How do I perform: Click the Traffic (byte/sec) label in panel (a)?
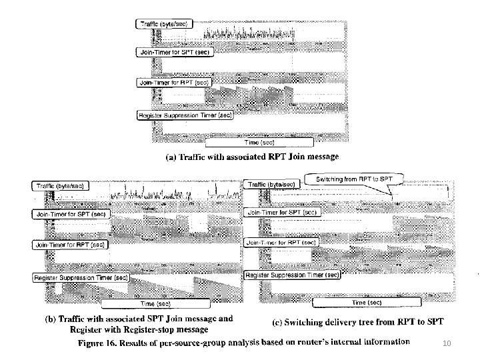165,24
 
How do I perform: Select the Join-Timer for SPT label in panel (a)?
173,53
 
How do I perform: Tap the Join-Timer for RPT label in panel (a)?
173,83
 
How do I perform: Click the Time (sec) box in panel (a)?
259,142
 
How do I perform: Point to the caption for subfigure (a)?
252,157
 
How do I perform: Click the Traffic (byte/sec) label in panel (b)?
60,186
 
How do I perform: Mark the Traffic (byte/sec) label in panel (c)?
271,184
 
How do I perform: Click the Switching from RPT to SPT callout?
353,179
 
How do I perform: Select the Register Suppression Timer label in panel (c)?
293,275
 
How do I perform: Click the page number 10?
447,343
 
